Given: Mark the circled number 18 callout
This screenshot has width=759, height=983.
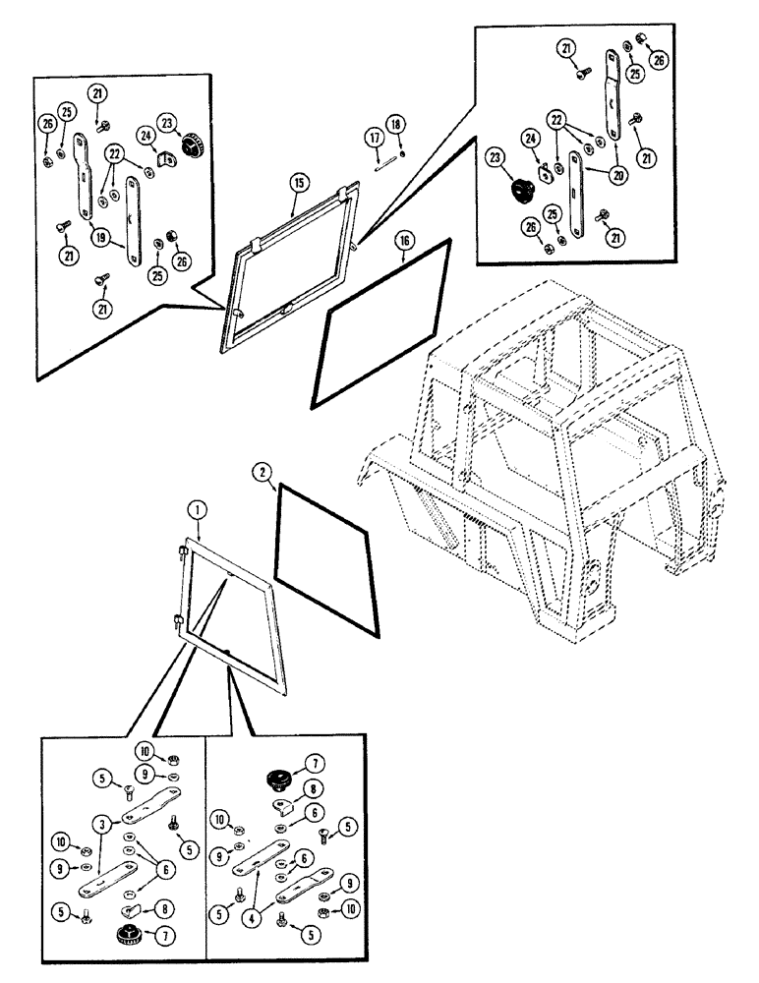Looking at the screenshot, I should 394,126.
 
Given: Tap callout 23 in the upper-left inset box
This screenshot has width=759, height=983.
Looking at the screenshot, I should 167,123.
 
